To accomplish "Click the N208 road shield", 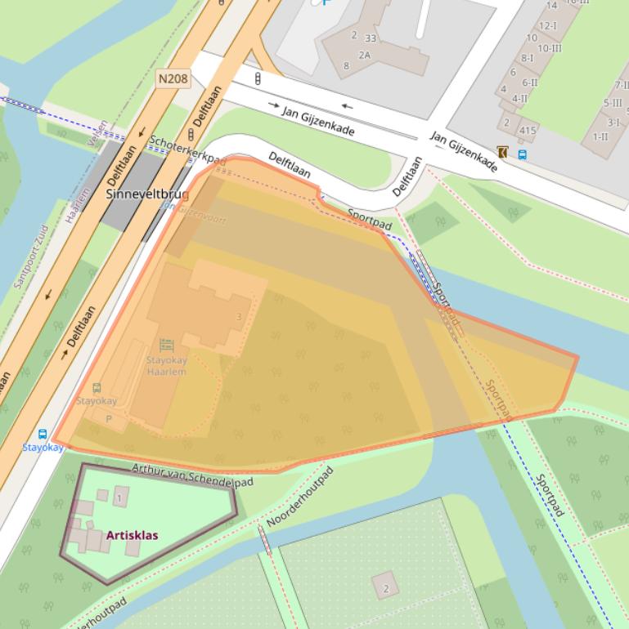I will [x=173, y=78].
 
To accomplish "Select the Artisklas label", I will [x=132, y=536].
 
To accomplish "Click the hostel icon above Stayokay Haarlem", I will [x=167, y=346].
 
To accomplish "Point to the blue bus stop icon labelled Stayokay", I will [x=43, y=434].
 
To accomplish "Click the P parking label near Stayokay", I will [x=109, y=419].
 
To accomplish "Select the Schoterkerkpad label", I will [x=187, y=150].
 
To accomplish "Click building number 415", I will [x=528, y=130].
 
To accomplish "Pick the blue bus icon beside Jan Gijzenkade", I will [x=522, y=154].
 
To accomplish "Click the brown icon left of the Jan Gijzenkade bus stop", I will [x=502, y=152].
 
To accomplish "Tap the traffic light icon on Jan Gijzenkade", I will [x=258, y=79].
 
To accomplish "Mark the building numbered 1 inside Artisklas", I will [x=120, y=497].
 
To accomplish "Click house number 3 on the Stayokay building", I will [x=239, y=317].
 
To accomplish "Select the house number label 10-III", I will [x=549, y=48].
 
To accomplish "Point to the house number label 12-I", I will [x=546, y=25].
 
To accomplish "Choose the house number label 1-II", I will [x=600, y=136].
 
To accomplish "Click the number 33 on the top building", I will [x=371, y=38].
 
